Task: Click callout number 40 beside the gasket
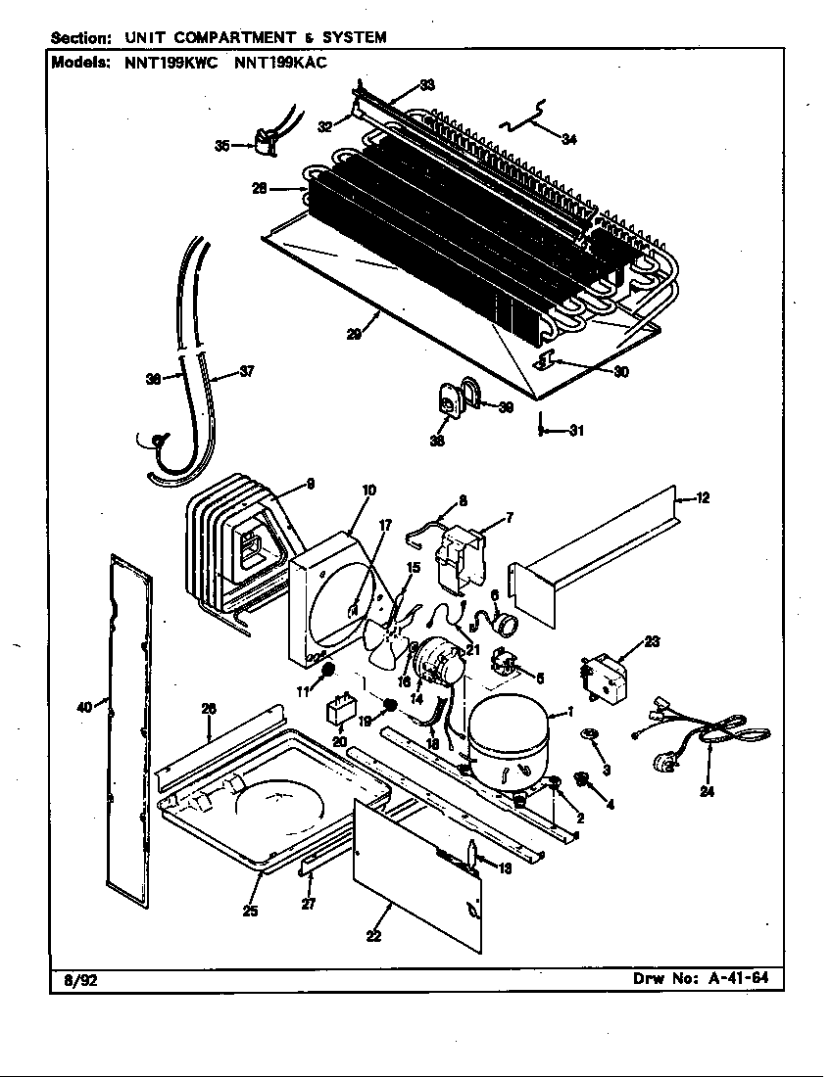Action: pyautogui.click(x=84, y=704)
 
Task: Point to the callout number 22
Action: pyautogui.click(x=373, y=937)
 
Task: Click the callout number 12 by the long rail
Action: pyautogui.click(x=702, y=498)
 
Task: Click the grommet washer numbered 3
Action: pyautogui.click(x=591, y=735)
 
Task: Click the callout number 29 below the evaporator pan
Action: pyautogui.click(x=353, y=335)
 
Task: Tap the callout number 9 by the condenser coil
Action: pyautogui.click(x=310, y=482)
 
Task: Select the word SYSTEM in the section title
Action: pyautogui.click(x=352, y=37)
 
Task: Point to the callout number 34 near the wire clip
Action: pyautogui.click(x=568, y=139)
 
